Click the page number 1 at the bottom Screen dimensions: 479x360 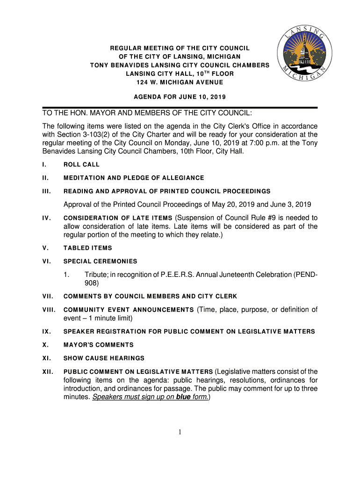tap(180, 432)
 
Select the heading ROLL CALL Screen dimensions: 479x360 tap(81, 165)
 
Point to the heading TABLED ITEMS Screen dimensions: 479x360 tap(87, 248)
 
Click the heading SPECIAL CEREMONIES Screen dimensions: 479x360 tap(100, 261)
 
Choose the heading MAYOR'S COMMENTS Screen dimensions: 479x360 tap(98, 345)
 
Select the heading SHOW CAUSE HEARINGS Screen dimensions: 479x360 tap(104, 358)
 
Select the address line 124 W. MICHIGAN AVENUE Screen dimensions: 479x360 tap(180, 82)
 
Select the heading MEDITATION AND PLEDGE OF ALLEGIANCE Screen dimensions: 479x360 tap(134, 178)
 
